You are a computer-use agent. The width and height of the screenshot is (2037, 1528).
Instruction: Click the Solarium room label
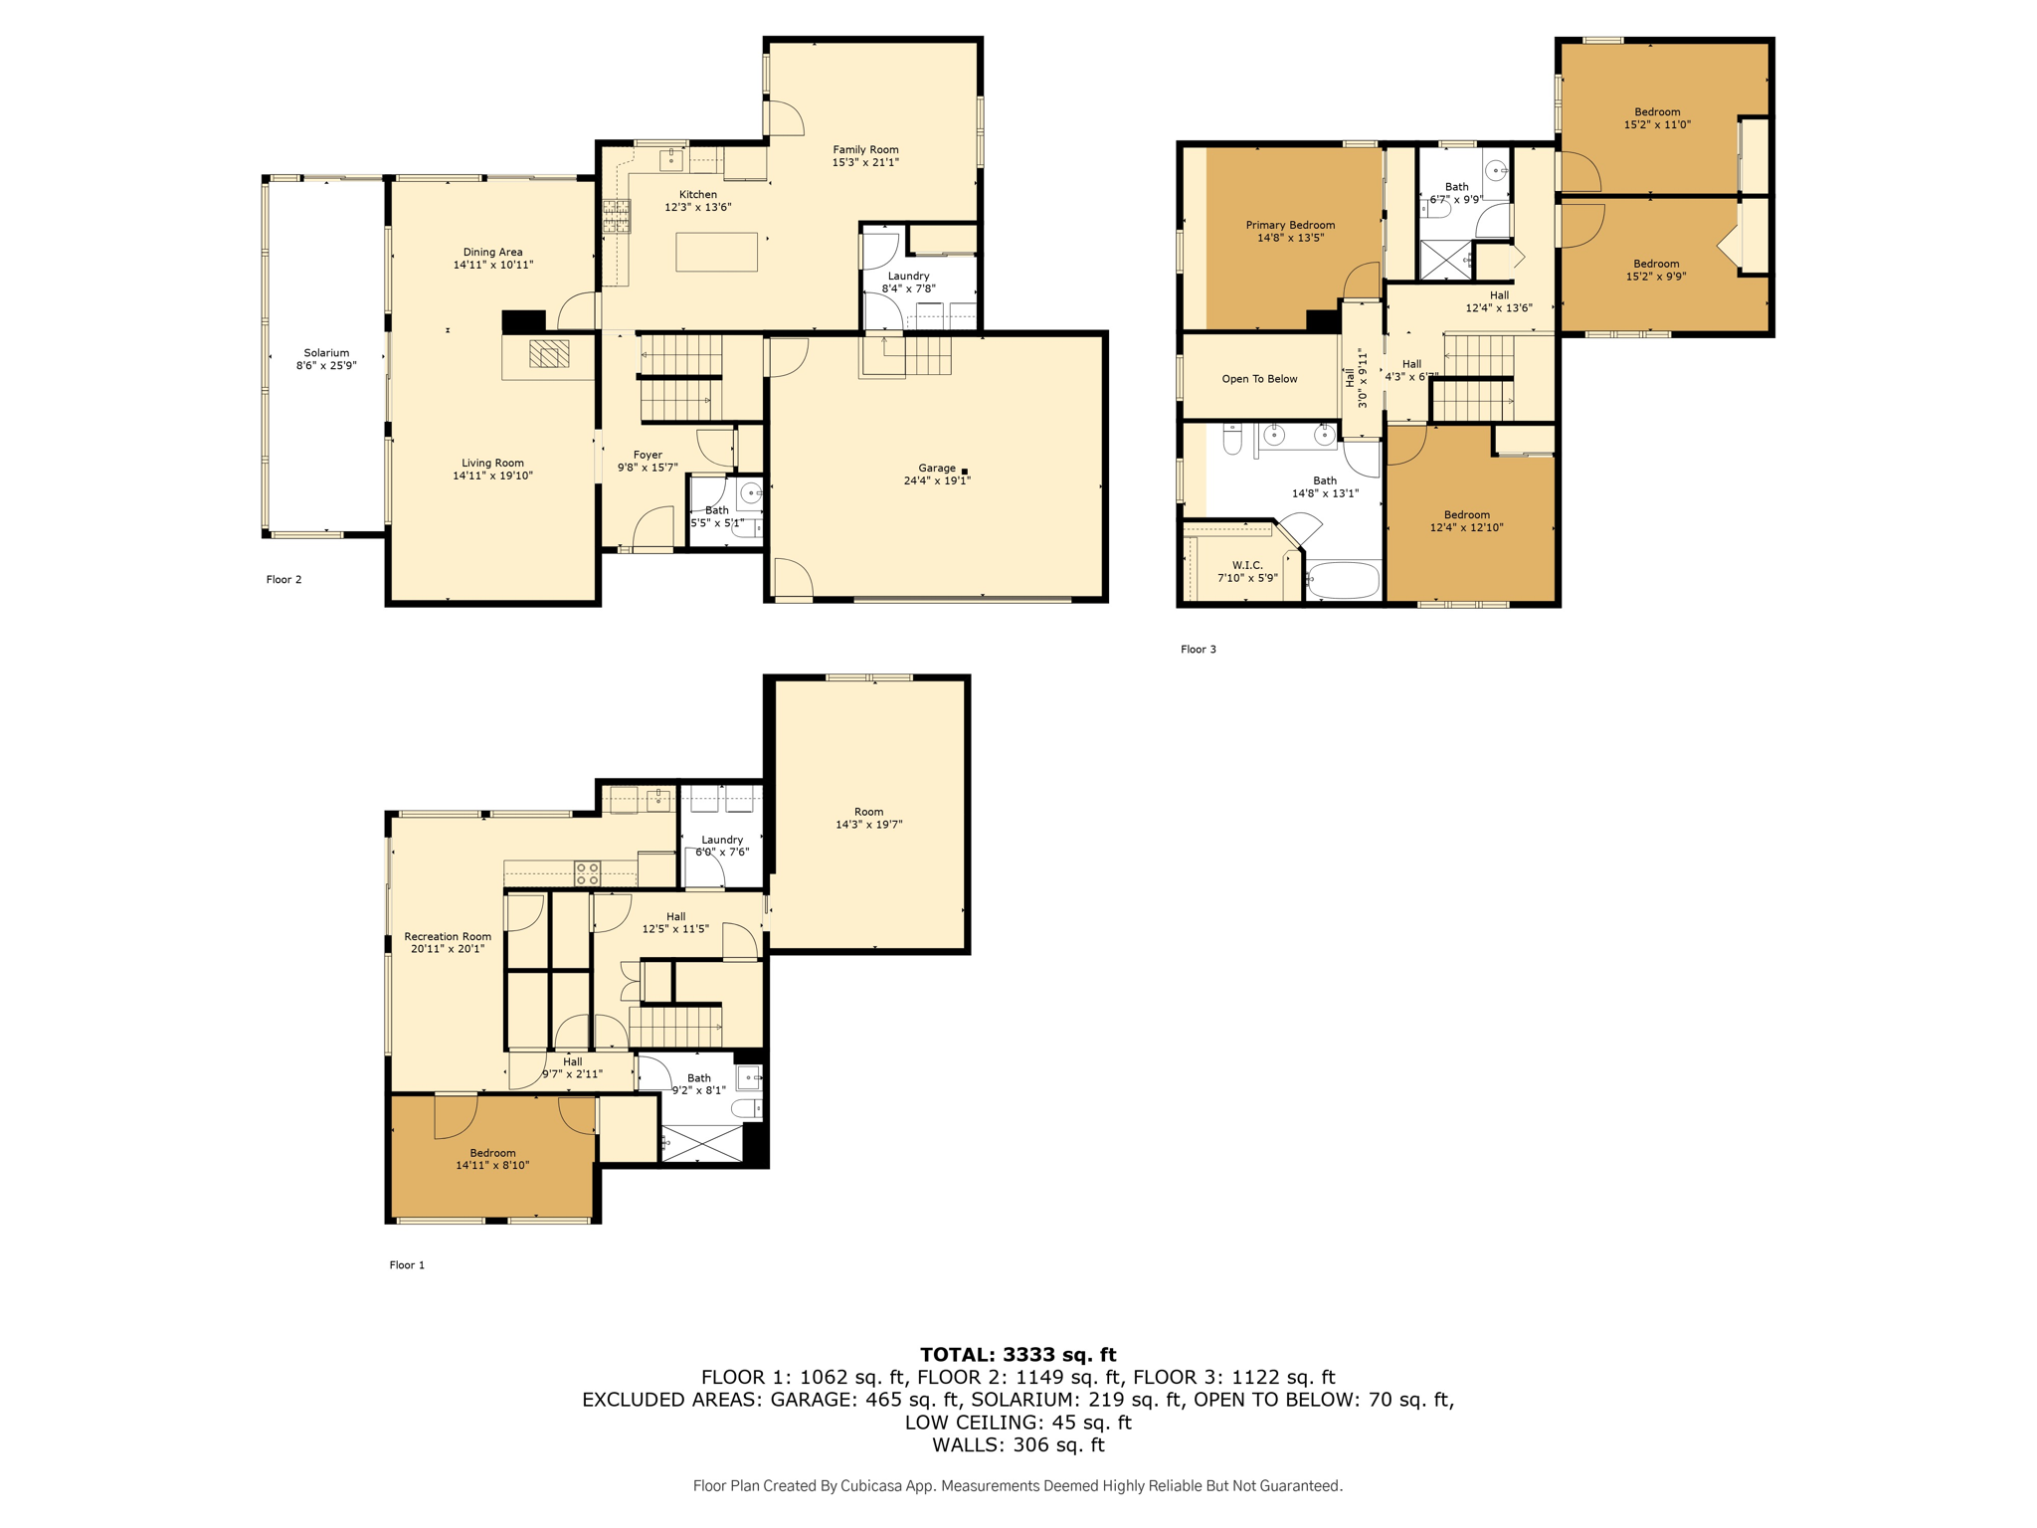tap(326, 353)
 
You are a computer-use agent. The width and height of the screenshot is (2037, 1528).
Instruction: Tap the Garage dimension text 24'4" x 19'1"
tap(937, 480)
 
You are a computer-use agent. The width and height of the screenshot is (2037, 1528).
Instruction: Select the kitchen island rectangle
tap(716, 252)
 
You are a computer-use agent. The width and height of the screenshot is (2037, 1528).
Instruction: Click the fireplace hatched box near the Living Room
tap(549, 354)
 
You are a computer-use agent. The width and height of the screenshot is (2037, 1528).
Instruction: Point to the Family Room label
tap(865, 150)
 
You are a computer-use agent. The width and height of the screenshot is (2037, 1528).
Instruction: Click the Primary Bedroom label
tap(1290, 226)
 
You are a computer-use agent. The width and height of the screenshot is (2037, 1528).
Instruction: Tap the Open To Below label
tap(1259, 379)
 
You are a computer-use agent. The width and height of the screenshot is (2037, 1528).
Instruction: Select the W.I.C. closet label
tap(1247, 565)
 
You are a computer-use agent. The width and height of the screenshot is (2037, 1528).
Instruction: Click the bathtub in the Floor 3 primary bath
tap(1344, 580)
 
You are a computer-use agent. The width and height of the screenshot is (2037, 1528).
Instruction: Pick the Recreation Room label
tap(448, 937)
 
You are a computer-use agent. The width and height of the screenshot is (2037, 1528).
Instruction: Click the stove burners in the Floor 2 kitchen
tap(616, 216)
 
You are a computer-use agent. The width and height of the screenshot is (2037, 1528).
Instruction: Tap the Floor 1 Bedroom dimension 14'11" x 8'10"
tap(492, 1165)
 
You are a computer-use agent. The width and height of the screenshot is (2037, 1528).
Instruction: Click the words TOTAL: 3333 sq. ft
tap(1018, 1354)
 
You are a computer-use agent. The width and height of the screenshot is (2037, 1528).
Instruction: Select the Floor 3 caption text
tap(1199, 650)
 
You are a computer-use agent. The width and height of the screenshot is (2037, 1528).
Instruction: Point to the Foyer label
tap(648, 455)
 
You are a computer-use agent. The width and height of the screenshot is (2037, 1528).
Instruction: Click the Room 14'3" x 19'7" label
tap(868, 818)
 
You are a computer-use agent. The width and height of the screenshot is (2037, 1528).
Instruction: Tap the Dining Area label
tap(492, 253)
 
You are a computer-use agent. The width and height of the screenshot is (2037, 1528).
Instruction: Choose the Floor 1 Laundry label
tap(722, 840)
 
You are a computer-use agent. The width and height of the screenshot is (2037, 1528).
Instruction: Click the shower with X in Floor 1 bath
tap(702, 1143)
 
